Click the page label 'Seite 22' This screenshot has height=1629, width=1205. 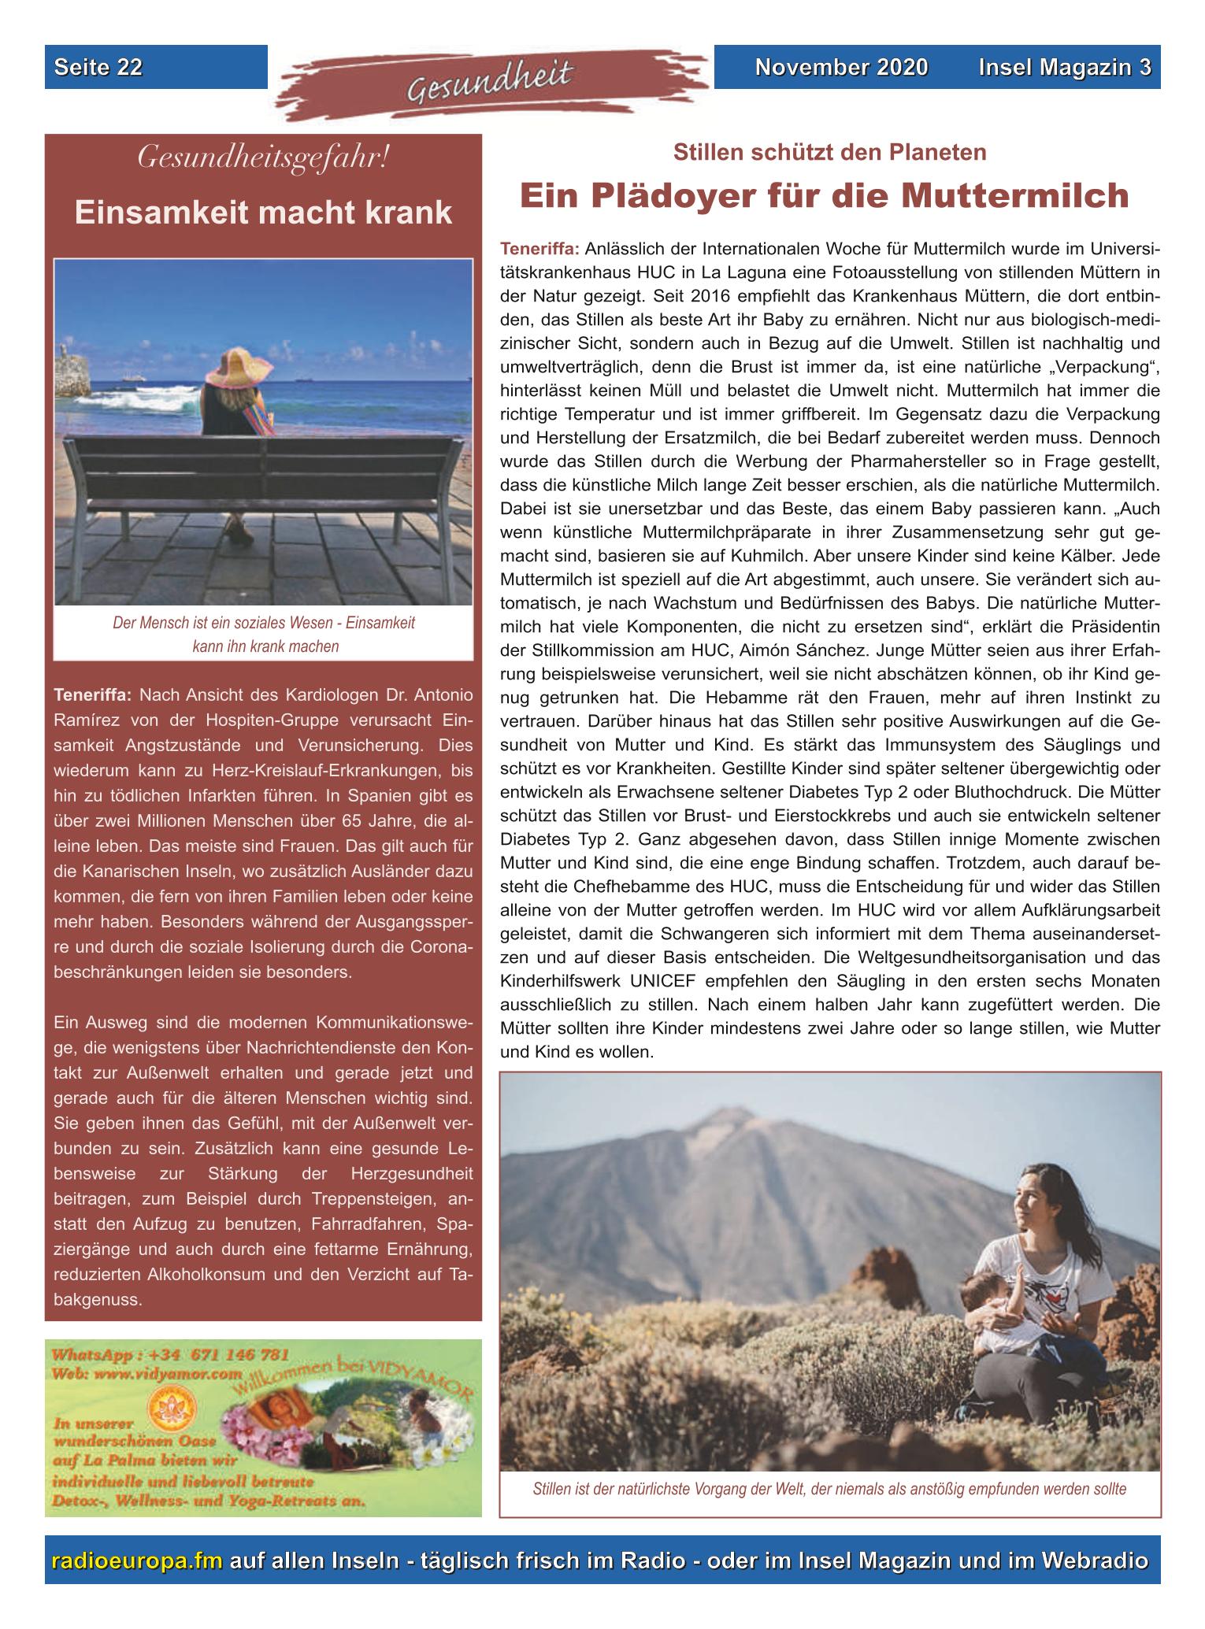[98, 68]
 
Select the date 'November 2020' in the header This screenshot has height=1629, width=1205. [841, 68]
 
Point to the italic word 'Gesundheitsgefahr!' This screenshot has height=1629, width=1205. [263, 158]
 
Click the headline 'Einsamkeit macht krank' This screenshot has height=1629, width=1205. [263, 213]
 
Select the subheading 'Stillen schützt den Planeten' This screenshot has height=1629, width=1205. [829, 152]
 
